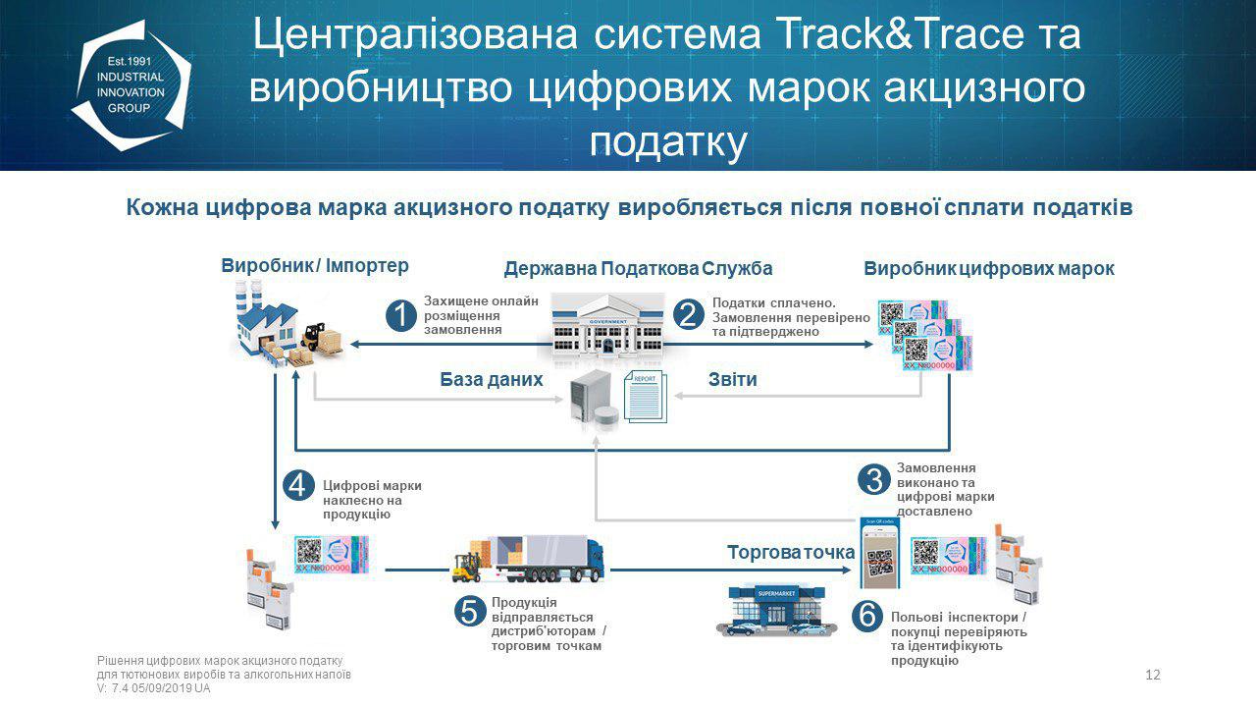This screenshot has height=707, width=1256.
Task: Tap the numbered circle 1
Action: click(401, 315)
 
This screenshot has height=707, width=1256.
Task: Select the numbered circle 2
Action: click(689, 315)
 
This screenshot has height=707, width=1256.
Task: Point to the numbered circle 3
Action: click(871, 480)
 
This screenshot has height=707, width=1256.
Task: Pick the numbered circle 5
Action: click(470, 611)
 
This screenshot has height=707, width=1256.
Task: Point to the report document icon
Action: click(645, 397)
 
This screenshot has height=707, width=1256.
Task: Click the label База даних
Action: click(492, 379)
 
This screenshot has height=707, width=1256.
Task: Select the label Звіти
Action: click(732, 379)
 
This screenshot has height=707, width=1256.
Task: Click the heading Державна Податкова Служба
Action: click(638, 269)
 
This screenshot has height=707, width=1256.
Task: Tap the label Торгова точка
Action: click(790, 552)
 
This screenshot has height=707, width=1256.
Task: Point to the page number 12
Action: click(1153, 675)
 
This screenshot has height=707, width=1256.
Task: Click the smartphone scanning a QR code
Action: click(880, 555)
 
